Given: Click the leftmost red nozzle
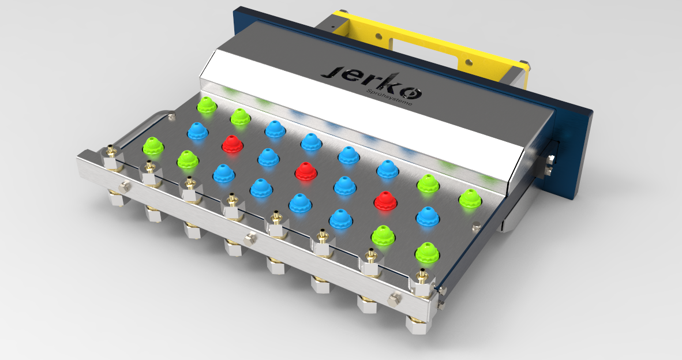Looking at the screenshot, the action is coord(232,143).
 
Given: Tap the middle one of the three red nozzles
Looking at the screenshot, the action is coord(306,170).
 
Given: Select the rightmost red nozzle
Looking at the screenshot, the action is coord(385,199).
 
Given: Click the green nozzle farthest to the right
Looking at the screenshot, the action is coord(470,198).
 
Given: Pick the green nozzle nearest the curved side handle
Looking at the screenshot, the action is coord(153,145).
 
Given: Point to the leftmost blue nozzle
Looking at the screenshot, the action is coord(197,130).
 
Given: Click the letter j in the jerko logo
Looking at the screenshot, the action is coord(333,72).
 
